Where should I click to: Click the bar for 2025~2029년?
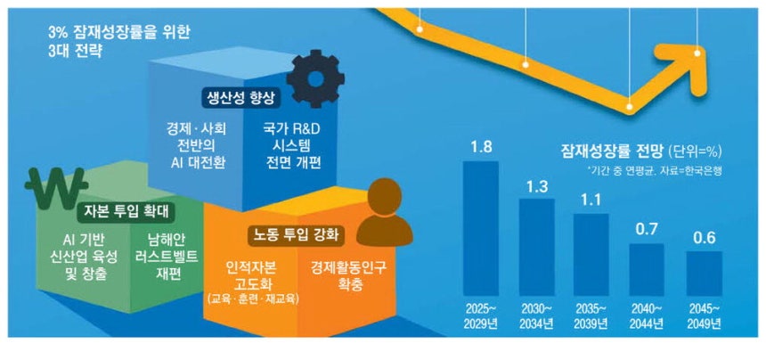(x=481, y=229)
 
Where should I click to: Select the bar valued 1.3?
(x=536, y=247)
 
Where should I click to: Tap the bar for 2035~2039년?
(x=591, y=255)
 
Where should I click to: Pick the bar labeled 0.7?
(x=647, y=270)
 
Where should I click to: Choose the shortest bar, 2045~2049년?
(x=704, y=274)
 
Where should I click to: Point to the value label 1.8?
(x=481, y=147)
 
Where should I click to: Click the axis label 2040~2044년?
(x=647, y=315)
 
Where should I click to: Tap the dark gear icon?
(x=315, y=78)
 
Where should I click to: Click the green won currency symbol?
(x=57, y=188)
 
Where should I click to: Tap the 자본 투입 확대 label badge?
(x=126, y=212)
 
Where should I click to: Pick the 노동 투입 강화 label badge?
(x=296, y=237)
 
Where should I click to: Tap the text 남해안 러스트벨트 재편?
(x=169, y=257)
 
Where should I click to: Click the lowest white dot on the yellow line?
(x=630, y=107)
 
